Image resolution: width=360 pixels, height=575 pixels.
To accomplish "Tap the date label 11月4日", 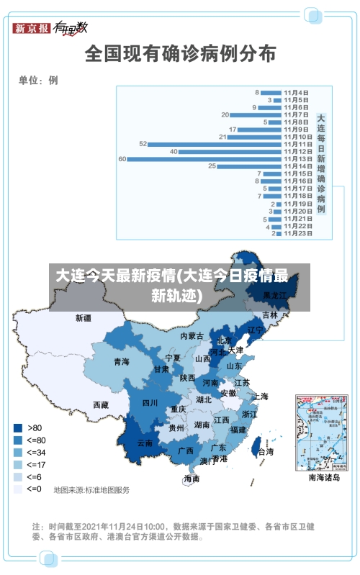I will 296,92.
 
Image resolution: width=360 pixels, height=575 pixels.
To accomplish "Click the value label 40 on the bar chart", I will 174,151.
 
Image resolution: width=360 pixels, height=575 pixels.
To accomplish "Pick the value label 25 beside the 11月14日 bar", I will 212,166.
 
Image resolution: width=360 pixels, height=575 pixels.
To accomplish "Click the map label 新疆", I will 84,317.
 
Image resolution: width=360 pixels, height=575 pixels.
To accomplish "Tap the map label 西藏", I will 101,405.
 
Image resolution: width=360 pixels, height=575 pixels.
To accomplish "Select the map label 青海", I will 121,361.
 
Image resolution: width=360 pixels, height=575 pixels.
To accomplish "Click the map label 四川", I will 149,402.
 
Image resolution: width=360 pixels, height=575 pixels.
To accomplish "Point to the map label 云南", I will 144,443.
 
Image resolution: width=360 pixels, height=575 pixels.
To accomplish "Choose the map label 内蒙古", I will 192,336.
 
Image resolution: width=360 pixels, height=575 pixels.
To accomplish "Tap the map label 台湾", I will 265,452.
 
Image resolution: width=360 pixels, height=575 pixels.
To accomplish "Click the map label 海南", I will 192,479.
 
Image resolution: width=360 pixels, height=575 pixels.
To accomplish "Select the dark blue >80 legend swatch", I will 17,427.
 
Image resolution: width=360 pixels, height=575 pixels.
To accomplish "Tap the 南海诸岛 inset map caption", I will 323,476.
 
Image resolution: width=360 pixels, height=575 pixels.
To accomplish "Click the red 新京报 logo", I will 31,28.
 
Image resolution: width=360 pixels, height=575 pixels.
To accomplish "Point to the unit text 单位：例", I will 38,80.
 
